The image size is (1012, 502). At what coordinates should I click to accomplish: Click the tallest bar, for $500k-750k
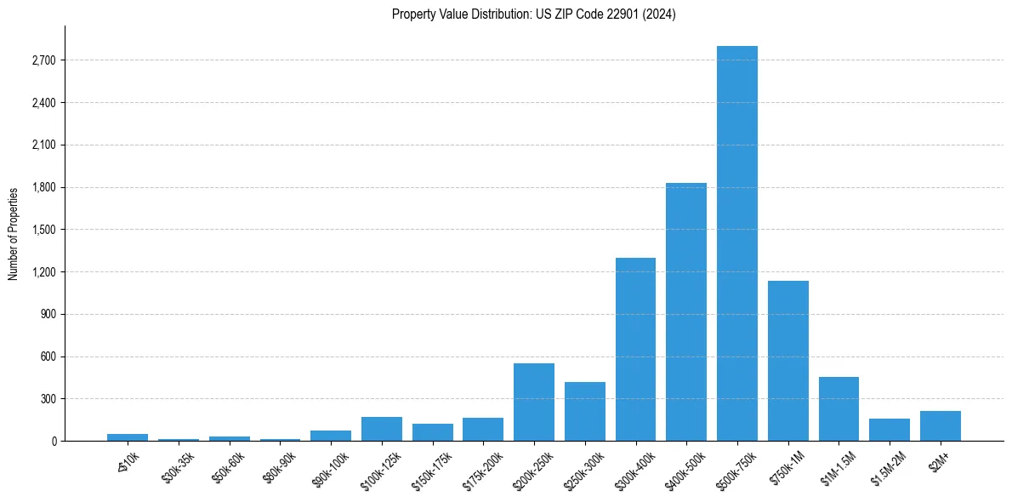click(736, 243)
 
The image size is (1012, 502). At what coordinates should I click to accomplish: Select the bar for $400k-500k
click(685, 311)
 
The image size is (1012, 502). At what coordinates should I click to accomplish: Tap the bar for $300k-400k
click(635, 349)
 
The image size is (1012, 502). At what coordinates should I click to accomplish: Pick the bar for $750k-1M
click(787, 361)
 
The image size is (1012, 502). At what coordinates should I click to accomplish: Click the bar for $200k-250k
click(533, 402)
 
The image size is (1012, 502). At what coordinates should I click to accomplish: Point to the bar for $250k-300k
click(584, 412)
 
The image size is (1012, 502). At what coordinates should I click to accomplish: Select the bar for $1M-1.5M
click(839, 409)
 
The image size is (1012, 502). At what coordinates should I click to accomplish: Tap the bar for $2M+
click(940, 426)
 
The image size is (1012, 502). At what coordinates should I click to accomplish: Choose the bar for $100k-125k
click(381, 429)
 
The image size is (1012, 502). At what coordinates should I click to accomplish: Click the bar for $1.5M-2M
click(889, 430)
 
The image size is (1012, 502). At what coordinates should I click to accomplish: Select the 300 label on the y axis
click(48, 399)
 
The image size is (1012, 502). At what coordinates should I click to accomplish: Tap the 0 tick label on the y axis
click(54, 442)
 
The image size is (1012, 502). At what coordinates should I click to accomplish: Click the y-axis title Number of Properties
click(13, 233)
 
